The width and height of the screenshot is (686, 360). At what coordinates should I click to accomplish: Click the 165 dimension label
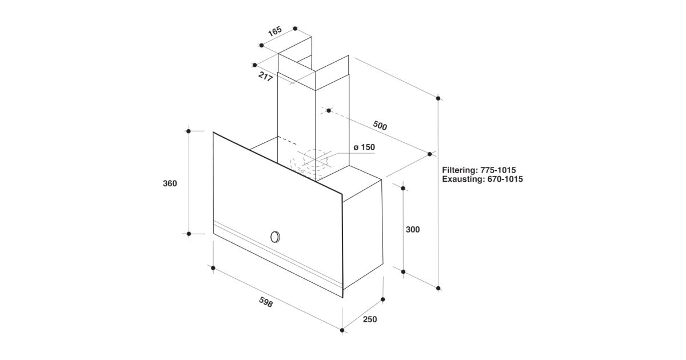coord(275,31)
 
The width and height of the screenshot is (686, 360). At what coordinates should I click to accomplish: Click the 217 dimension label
coord(265,77)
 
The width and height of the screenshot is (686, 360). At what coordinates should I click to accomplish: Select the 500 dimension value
coord(380,125)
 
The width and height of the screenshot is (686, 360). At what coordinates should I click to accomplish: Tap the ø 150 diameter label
coord(364,147)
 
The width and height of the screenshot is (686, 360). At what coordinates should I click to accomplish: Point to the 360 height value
coord(170,183)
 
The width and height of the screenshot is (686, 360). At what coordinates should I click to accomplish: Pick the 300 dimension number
coord(413,229)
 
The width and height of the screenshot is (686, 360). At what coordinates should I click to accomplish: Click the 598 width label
coord(266,302)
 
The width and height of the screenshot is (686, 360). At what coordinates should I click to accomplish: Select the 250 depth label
coord(370,319)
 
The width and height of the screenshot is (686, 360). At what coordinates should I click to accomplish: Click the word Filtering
coord(460,170)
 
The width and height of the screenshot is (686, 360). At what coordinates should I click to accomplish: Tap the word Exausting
coord(462,179)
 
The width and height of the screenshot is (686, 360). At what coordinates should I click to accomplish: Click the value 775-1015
coord(498,170)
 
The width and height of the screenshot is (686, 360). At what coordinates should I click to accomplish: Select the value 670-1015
coord(505,179)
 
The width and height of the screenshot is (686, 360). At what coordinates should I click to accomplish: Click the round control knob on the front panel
coord(276,237)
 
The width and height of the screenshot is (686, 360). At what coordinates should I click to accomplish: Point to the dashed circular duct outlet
coord(316,158)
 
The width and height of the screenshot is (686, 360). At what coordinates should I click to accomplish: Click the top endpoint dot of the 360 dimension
coord(189,131)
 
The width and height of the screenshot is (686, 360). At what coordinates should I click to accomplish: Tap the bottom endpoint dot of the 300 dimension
coord(403,272)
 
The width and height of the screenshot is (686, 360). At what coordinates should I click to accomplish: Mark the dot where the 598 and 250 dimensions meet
coord(342,330)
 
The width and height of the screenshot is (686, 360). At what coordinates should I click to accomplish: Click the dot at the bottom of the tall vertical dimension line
coord(438,289)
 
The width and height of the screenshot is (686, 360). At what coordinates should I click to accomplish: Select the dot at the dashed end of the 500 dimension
coord(329,110)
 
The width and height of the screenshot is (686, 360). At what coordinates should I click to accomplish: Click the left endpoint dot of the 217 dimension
coord(254,65)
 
